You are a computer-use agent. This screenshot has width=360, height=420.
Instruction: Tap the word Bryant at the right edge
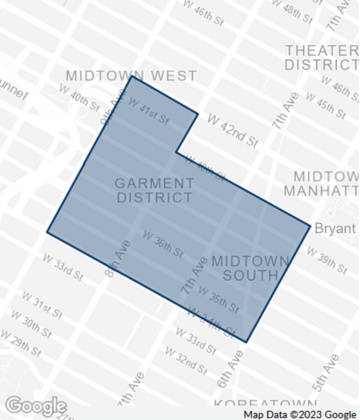[335, 228]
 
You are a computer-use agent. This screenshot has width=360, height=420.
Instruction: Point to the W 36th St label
[162, 244]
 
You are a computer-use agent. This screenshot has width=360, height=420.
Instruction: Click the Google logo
[36, 406]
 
